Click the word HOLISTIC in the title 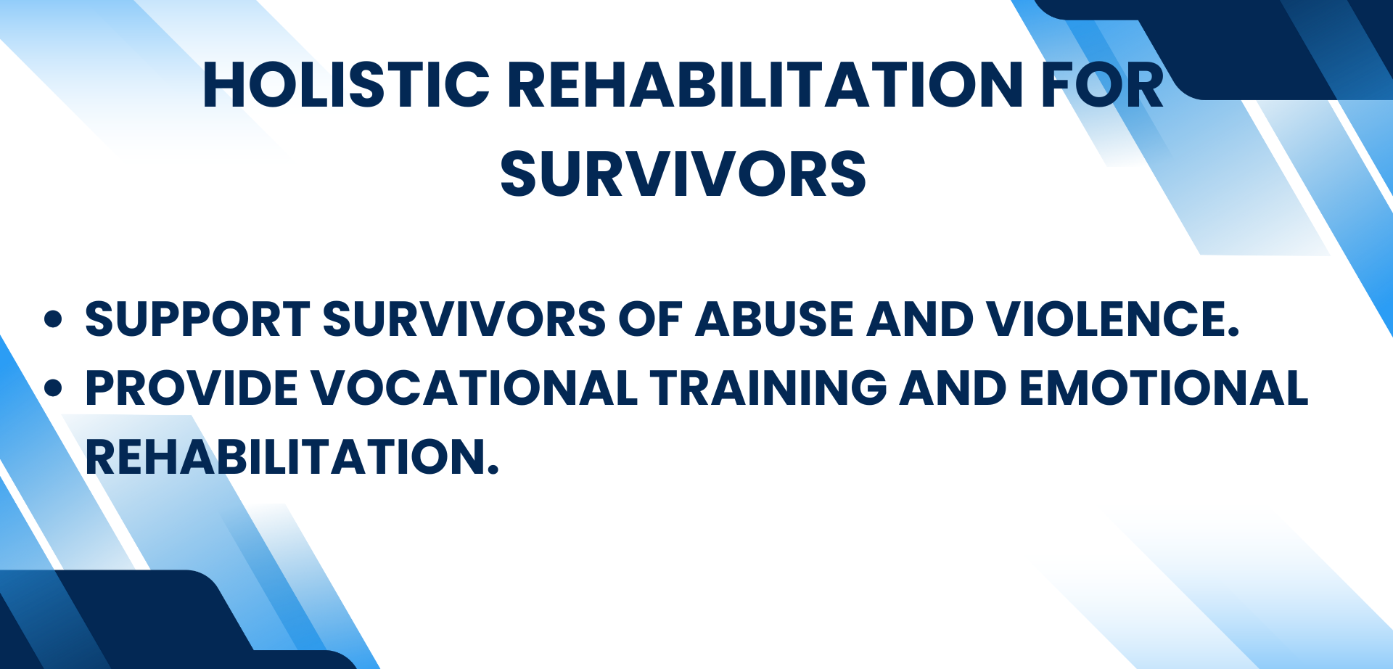click(346, 85)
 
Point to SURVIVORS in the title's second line click(683, 174)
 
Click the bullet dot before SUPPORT click(53, 319)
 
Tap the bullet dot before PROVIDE click(53, 388)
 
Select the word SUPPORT click(197, 319)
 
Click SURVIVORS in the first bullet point click(464, 319)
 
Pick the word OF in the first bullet click(651, 319)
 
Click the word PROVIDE click(192, 388)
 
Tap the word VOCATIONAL click(474, 388)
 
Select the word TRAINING click(768, 388)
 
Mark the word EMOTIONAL click(1164, 388)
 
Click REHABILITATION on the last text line click(292, 457)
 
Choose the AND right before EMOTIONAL click(953, 388)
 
